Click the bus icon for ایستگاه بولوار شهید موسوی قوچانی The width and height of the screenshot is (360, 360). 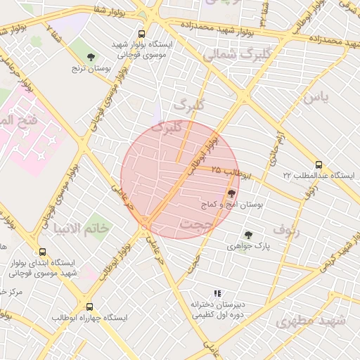click(142, 34)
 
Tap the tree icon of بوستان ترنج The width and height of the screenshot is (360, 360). click(90, 56)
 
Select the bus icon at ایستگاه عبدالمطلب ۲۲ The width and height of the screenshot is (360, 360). click(320, 164)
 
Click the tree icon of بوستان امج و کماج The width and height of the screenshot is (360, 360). click(232, 193)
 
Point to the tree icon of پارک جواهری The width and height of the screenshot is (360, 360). click(248, 235)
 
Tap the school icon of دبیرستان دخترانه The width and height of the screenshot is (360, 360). click(217, 293)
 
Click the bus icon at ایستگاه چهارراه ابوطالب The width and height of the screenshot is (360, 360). click(89, 307)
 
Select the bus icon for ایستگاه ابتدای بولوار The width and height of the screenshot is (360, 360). click(43, 251)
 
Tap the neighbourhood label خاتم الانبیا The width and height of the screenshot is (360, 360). click(82, 229)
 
